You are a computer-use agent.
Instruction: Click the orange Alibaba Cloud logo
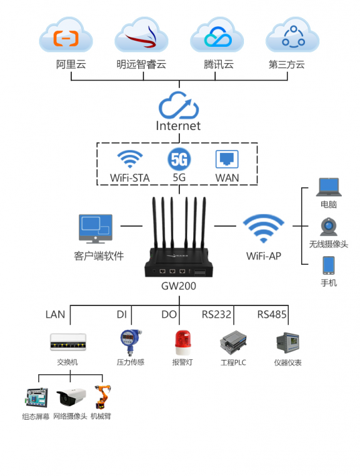click(x=66, y=38)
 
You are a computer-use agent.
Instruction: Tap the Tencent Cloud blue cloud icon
click(x=218, y=37)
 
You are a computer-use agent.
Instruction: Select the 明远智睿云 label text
click(x=141, y=64)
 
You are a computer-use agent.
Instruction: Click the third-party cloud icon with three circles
click(x=293, y=37)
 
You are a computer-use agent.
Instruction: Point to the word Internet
click(x=178, y=126)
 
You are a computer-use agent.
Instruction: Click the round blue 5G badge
click(x=179, y=159)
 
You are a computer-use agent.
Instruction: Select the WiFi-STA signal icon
click(x=130, y=159)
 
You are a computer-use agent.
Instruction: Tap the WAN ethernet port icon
click(x=227, y=159)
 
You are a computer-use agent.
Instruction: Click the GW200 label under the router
click(x=179, y=286)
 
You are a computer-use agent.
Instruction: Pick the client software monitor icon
click(x=96, y=229)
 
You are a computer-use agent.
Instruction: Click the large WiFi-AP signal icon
click(x=263, y=228)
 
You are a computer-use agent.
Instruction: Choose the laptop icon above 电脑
click(x=329, y=187)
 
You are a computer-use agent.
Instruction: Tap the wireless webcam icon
click(x=329, y=227)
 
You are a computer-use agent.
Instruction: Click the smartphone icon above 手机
click(x=329, y=265)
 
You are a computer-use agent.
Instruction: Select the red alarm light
click(x=182, y=343)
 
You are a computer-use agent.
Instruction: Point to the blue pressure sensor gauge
click(x=131, y=342)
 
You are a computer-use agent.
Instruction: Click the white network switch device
click(x=68, y=342)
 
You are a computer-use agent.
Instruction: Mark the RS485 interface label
click(x=272, y=314)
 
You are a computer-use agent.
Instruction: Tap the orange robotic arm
click(x=102, y=397)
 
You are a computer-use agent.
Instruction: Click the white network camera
click(x=71, y=397)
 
